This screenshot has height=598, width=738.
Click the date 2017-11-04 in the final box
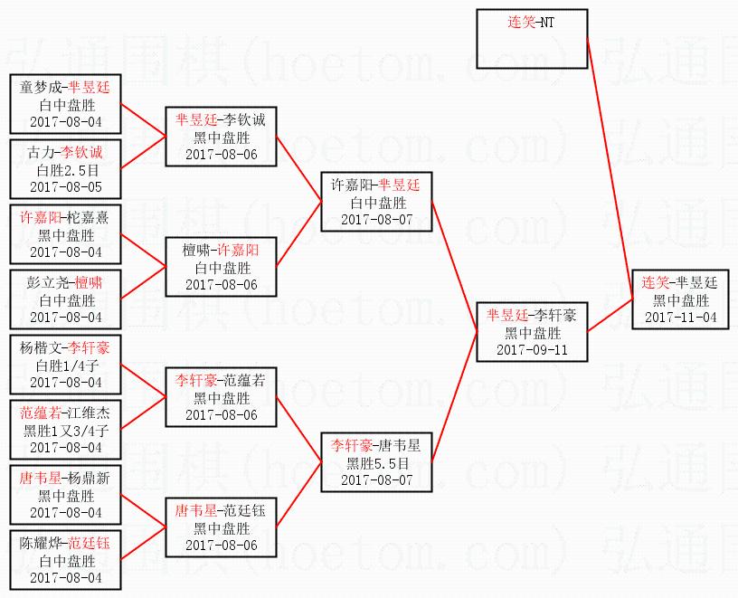[x=680, y=318]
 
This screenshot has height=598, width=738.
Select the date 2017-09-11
[x=532, y=350]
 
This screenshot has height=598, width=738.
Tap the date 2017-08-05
[x=65, y=186]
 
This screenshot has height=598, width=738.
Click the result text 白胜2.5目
[x=65, y=170]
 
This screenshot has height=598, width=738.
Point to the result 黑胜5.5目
[x=377, y=462]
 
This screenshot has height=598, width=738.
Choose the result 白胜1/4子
[x=65, y=365]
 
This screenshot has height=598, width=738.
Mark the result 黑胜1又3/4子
[x=65, y=431]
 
